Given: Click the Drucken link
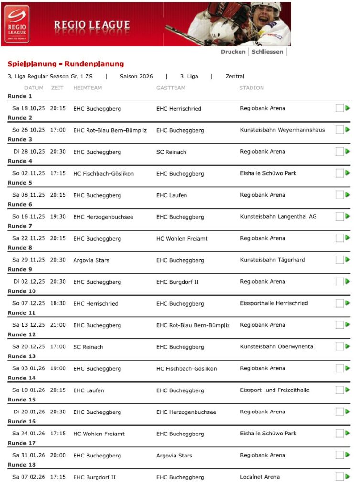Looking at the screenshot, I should point(233,52).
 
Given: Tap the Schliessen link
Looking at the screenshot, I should point(267,52).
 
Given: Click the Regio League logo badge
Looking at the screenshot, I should point(17,24).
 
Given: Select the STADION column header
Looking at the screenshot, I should point(251,88).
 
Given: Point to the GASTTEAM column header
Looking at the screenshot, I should point(171,88).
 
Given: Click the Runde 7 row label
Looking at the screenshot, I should point(20,226).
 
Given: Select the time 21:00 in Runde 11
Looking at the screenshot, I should point(58,325).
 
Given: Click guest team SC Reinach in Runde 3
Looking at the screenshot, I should point(171,152).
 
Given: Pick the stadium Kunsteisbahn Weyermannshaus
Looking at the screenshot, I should point(282,130).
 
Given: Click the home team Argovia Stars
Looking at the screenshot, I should point(91,260).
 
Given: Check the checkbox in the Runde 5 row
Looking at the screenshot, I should point(339,195).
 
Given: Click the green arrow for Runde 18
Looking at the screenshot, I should point(348,477).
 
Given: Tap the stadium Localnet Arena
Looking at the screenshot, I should point(260,477).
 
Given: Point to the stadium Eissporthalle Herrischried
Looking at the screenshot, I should point(274,303).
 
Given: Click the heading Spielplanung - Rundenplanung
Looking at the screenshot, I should point(65,64).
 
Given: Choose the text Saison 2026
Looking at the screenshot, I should point(136,77).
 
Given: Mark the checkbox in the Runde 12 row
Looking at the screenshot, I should point(339,347).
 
